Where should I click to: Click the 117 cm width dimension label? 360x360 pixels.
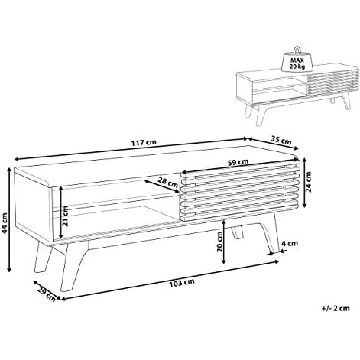pos(144,142)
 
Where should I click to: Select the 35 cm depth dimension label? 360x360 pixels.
pos(281,140)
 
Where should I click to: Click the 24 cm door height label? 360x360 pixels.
pos(309,182)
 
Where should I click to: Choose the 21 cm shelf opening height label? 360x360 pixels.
pos(65,216)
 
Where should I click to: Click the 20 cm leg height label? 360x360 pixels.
pos(219,242)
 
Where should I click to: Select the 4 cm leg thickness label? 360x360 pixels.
pos(290,243)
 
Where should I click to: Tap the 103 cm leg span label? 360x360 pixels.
pos(182,283)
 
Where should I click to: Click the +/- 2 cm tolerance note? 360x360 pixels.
pos(336,308)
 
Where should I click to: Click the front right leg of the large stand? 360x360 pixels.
pos(268,233)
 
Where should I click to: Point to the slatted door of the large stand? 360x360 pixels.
pos(239,190)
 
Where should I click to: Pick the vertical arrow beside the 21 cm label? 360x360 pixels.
pos(61,212)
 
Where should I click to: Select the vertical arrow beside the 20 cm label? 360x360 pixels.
pos(223,242)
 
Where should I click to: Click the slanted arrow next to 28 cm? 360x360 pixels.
pos(161,186)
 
